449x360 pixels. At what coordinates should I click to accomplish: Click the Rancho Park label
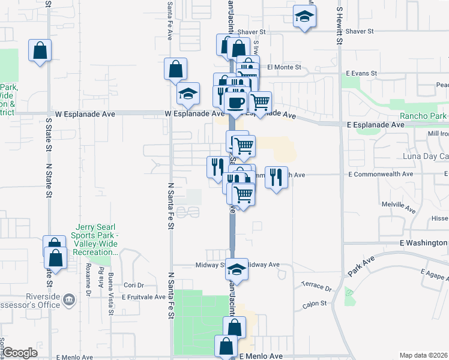423,115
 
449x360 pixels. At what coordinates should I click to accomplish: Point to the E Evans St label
360,73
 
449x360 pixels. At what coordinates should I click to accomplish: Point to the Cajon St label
314,304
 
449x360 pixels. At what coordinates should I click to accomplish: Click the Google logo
20,353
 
